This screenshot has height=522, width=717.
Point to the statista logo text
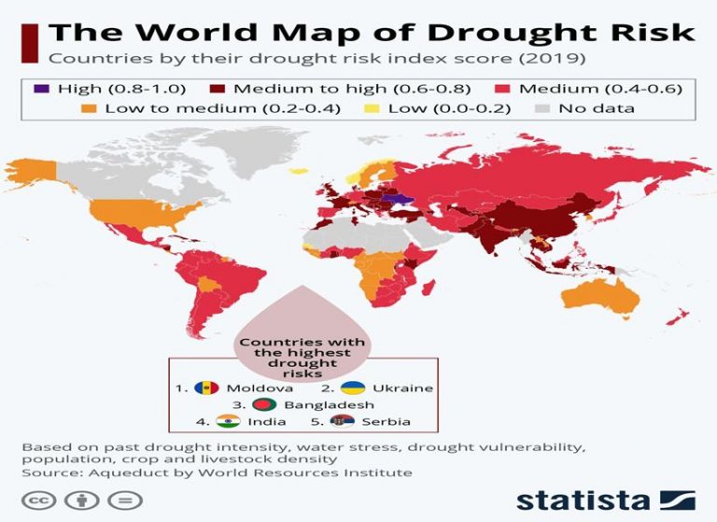583,498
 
